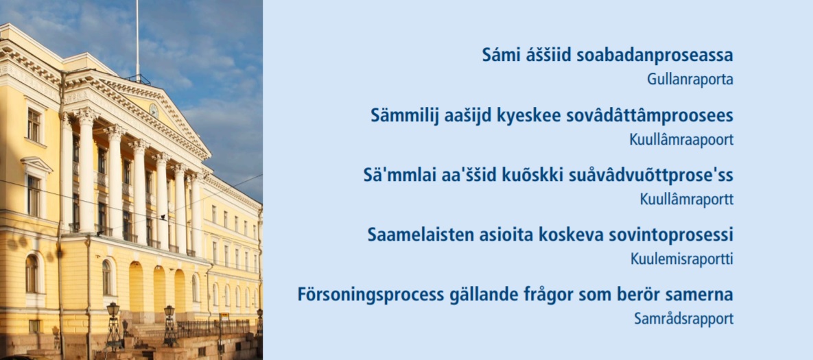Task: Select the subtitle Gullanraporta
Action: pyautogui.click(x=690, y=80)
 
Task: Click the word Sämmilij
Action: pyautogui.click(x=404, y=115)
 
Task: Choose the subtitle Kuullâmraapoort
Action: pyautogui.click(x=682, y=140)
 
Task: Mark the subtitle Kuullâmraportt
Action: pyautogui.click(x=687, y=200)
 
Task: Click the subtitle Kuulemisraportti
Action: pyautogui.click(x=682, y=259)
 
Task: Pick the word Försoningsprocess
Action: pyautogui.click(x=370, y=295)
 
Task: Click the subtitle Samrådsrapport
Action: pyautogui.click(x=684, y=319)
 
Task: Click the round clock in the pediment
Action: pyautogui.click(x=154, y=110)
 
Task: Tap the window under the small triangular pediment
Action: pyautogui.click(x=34, y=196)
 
